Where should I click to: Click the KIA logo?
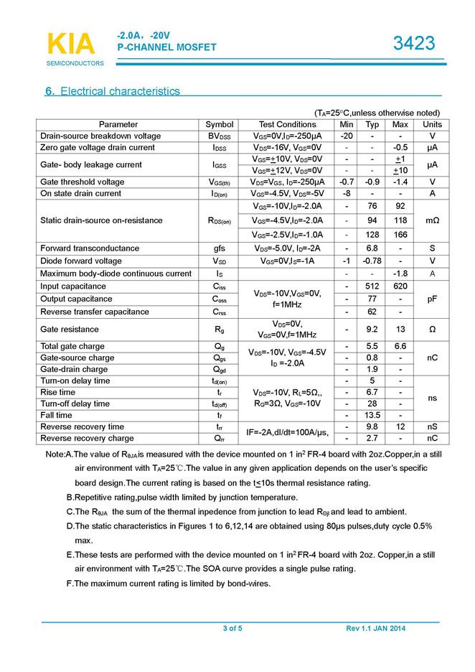[x=71, y=44]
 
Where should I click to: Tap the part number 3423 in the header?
[x=414, y=44]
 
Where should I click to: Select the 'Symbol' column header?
[x=220, y=124]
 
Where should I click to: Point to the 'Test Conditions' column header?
[x=287, y=124]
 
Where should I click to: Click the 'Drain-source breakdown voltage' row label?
[x=100, y=136]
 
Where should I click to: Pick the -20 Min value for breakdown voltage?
[x=347, y=136]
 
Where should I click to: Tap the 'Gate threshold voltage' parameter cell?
[x=83, y=182]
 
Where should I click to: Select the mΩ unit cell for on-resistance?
[x=433, y=220]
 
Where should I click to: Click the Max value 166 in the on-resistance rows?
[x=400, y=235]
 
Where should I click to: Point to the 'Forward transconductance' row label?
[x=90, y=248]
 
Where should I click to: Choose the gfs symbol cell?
[x=220, y=248]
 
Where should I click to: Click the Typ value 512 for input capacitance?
[x=372, y=286]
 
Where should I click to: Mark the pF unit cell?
[x=433, y=299]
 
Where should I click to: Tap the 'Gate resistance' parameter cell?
[x=70, y=330]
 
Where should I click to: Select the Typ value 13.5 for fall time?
[x=372, y=415]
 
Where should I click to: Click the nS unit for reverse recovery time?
[x=433, y=426]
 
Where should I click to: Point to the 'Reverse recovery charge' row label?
[x=87, y=438]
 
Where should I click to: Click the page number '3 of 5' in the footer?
[x=232, y=629]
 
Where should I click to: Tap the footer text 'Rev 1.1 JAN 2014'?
[x=376, y=629]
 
